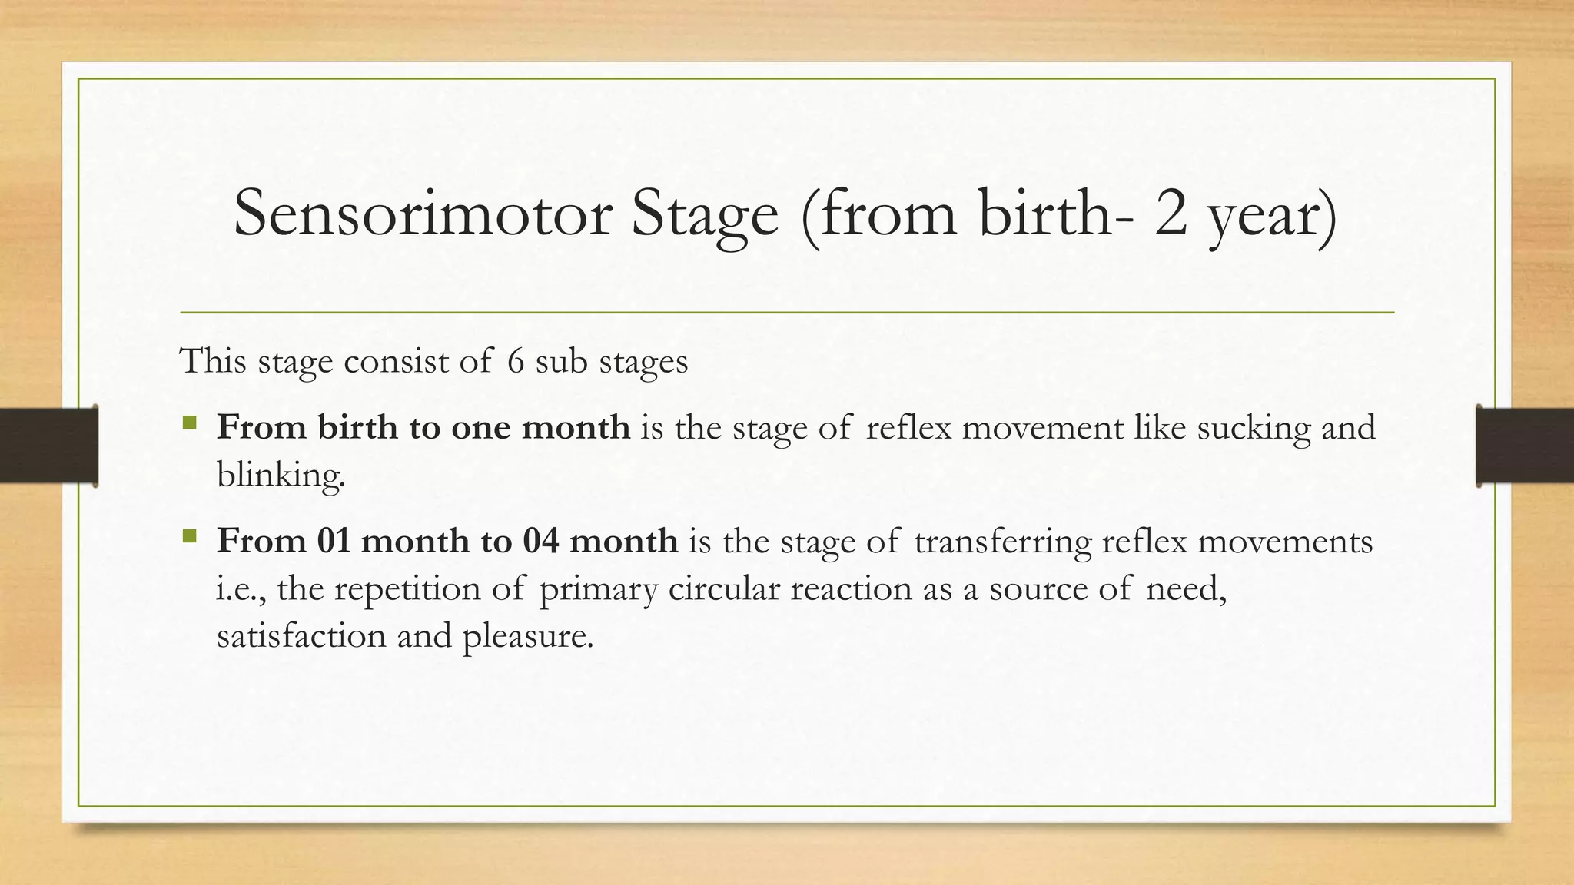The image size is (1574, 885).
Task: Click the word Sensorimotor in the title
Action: (x=422, y=214)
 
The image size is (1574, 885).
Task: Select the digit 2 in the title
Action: (x=1171, y=214)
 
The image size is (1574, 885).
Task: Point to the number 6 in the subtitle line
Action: (x=516, y=361)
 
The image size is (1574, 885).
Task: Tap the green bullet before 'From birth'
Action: (x=190, y=423)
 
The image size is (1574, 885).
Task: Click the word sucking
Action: (x=1253, y=428)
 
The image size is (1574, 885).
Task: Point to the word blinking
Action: (x=281, y=476)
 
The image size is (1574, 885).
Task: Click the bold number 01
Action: (x=334, y=541)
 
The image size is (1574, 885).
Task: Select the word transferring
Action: (x=1002, y=542)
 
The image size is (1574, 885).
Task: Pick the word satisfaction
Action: (x=301, y=636)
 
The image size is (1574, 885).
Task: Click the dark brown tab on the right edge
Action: (x=1525, y=446)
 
